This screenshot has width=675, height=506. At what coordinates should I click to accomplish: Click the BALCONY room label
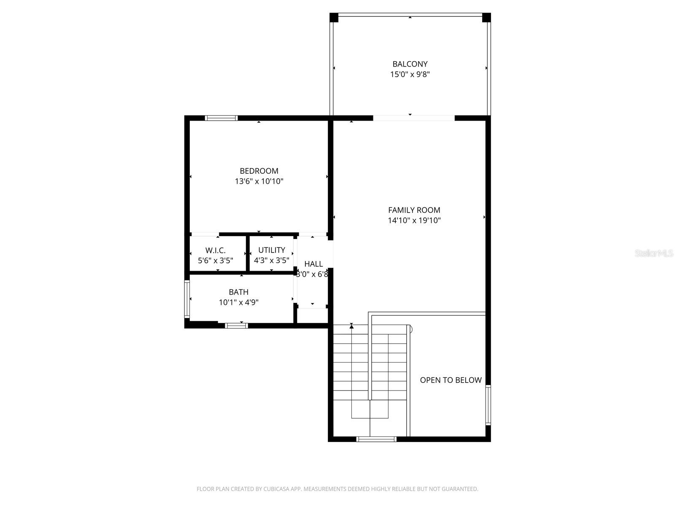(410, 64)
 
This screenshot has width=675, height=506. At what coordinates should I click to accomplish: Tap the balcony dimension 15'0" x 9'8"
(410, 75)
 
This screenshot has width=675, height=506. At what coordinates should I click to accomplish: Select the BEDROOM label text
(259, 171)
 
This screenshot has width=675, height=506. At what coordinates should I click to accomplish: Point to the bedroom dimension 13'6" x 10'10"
(259, 181)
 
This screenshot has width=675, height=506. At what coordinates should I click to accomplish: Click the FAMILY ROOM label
(414, 210)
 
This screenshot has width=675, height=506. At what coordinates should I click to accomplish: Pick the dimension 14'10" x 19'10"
(414, 220)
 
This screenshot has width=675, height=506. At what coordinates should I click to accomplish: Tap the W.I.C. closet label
(216, 250)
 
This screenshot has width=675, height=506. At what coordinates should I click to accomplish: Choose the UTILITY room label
(272, 250)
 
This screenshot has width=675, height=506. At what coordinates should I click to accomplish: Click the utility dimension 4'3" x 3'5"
(271, 260)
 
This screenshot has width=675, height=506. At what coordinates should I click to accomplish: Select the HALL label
(313, 264)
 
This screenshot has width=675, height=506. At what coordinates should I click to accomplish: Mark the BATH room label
(239, 292)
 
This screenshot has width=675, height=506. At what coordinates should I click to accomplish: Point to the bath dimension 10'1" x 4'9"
(239, 302)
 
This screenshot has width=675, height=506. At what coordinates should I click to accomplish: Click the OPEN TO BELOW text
(451, 380)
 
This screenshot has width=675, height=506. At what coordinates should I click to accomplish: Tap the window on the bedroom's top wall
(221, 118)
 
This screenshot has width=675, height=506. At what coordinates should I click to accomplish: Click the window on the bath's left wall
(187, 299)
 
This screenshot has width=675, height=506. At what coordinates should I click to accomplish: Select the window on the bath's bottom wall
(236, 325)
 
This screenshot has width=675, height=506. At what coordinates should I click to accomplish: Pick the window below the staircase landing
(376, 439)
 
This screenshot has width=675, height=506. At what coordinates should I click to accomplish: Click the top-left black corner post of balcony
(334, 18)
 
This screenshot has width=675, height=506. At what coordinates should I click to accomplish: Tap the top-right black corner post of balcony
(486, 18)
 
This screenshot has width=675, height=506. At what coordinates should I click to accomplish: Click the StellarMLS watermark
(653, 253)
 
